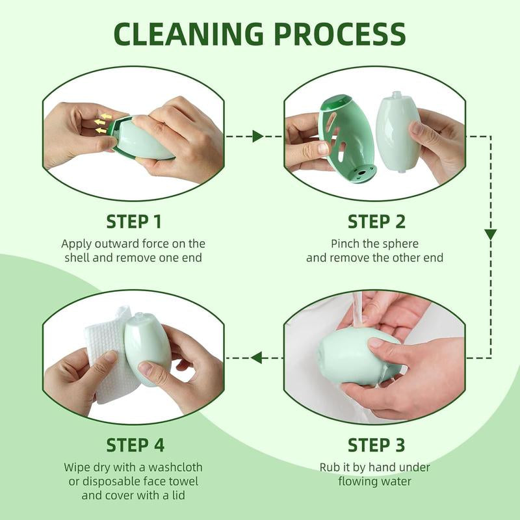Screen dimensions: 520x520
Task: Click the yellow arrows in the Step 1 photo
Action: (x=101, y=123)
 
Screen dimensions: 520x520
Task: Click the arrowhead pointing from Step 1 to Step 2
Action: (x=258, y=136)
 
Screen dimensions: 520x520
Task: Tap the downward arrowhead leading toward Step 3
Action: (x=490, y=234)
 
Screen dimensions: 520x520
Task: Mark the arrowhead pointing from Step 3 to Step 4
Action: (x=257, y=357)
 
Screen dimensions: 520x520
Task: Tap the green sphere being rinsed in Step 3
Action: (x=354, y=357)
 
